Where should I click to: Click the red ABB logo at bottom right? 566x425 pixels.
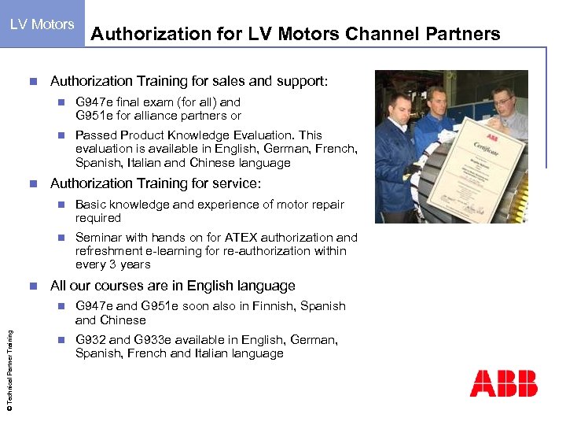[x=504, y=383]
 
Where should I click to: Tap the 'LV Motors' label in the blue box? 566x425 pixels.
[x=42, y=24]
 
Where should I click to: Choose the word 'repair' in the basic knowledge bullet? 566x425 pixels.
[x=325, y=205]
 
